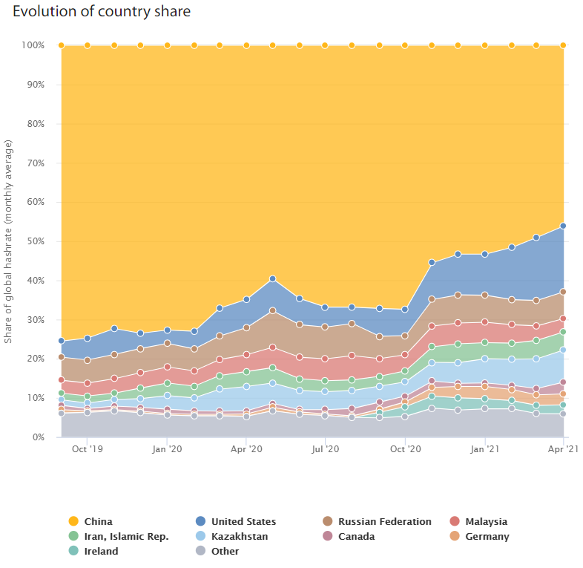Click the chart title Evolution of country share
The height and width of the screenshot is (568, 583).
point(102,12)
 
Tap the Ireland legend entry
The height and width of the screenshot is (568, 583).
point(101,551)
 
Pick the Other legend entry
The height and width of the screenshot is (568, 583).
point(225,551)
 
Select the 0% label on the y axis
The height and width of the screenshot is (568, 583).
point(38,437)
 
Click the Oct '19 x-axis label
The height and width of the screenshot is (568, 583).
point(88,449)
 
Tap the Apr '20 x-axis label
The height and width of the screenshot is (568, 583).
point(246,449)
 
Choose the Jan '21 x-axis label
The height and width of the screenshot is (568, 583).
point(484,449)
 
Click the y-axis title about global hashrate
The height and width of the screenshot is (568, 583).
point(10,241)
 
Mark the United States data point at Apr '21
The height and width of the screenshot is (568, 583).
point(564,226)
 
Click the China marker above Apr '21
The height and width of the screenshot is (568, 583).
point(564,45)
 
